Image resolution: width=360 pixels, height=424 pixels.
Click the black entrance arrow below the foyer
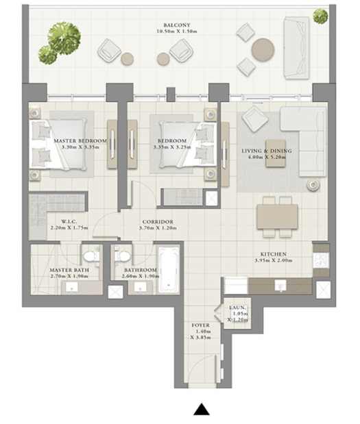click(202, 410)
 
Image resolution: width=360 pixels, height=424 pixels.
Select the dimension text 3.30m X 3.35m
click(80, 147)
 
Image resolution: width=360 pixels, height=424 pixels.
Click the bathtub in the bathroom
click(169, 270)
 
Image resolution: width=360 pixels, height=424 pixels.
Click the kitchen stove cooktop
click(321, 260)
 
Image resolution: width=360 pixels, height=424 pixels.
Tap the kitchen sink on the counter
click(280, 286)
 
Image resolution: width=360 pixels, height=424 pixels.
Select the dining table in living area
click(278, 217)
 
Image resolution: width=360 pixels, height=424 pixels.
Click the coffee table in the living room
click(276, 153)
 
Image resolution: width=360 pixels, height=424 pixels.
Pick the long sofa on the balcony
click(296, 48)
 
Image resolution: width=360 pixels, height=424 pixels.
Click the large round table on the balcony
click(263, 50)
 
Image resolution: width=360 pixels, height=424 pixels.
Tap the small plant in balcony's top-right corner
click(321, 16)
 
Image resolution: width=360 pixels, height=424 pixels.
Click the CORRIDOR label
click(158, 222)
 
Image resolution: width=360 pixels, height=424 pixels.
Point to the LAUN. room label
click(238, 308)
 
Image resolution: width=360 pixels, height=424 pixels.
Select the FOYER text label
click(200, 325)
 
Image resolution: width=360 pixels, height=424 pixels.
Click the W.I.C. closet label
click(69, 221)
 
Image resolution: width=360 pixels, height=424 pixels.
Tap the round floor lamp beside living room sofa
click(313, 185)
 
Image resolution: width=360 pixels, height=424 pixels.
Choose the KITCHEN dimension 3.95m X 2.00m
click(274, 261)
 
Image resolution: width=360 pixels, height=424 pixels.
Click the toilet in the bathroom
click(122, 255)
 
